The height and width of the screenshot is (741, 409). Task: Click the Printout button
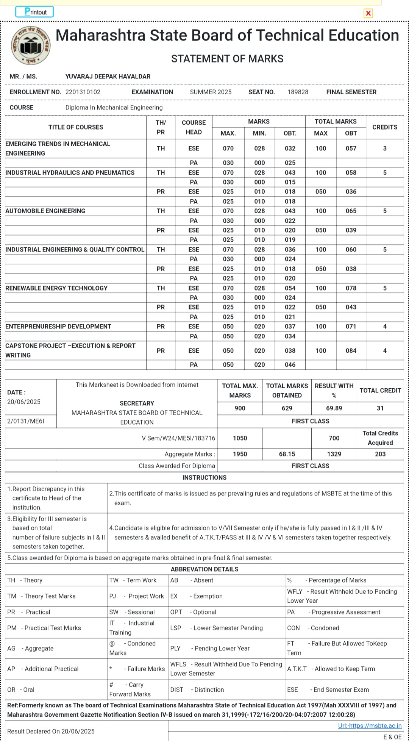tap(34, 12)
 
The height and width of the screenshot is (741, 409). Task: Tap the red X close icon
tap(368, 13)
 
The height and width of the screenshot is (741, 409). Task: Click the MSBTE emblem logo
tap(31, 45)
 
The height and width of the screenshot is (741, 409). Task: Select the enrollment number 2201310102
tap(83, 92)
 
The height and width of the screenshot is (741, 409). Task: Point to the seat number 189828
tap(298, 92)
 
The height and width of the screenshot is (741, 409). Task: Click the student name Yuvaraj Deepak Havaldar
tap(108, 77)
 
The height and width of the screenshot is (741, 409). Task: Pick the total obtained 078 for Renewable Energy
tap(351, 288)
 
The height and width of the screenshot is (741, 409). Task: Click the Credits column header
tap(384, 127)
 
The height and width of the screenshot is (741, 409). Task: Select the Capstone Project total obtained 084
tap(351, 351)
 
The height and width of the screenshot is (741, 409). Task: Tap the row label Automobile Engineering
tap(45, 211)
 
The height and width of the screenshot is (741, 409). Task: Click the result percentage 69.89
tap(334, 408)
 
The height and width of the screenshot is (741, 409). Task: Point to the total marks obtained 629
tap(287, 408)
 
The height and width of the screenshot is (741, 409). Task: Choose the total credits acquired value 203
tap(380, 454)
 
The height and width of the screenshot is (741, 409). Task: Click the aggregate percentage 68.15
tap(287, 454)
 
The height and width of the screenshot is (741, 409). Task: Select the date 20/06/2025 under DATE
tap(24, 402)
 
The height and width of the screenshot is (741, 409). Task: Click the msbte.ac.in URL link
tap(370, 726)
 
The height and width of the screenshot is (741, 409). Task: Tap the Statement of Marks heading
tap(227, 59)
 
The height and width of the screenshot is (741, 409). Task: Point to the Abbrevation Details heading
tap(204, 569)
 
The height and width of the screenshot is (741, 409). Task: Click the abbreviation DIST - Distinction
tap(197, 690)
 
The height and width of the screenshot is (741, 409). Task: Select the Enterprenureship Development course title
tap(58, 327)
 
